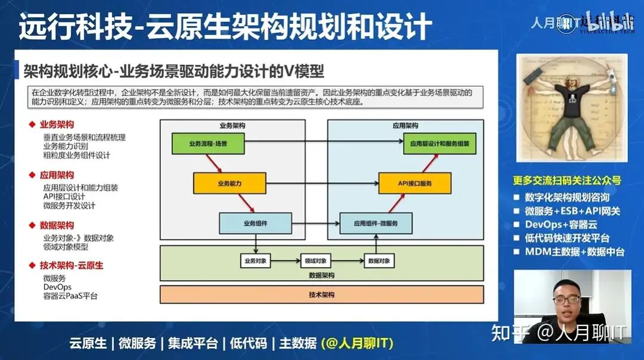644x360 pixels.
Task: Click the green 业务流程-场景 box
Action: (x=208, y=144)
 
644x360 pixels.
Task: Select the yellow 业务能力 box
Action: (x=230, y=183)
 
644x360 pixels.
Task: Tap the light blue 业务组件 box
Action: (x=255, y=223)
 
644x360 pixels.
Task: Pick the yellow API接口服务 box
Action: (x=414, y=183)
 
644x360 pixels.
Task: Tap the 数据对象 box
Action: (x=379, y=260)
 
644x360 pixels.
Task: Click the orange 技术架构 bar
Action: (x=321, y=294)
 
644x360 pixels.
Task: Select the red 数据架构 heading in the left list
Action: (x=57, y=225)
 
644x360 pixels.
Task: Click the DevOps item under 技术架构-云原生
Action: (x=57, y=287)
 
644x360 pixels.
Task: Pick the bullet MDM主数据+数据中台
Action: (x=574, y=252)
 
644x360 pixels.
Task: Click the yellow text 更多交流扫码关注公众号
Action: (x=567, y=180)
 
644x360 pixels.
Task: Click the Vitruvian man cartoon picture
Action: (x=571, y=108)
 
